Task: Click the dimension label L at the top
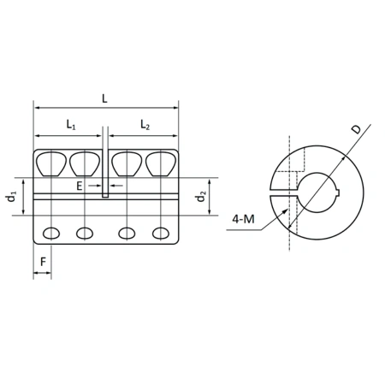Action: coord(104,98)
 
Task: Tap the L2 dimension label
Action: coord(143,126)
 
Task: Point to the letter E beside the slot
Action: coord(79,184)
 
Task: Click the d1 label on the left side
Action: coord(11,197)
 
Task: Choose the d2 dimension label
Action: coord(200,198)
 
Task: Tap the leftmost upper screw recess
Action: coord(51,162)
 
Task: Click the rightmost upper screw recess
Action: coord(160,162)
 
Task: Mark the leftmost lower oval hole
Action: coord(51,233)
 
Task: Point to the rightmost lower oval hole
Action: coord(160,233)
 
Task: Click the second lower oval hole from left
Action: coord(86,233)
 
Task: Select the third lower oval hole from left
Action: coord(127,233)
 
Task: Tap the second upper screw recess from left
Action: coord(86,162)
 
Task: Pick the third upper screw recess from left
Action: coord(127,162)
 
